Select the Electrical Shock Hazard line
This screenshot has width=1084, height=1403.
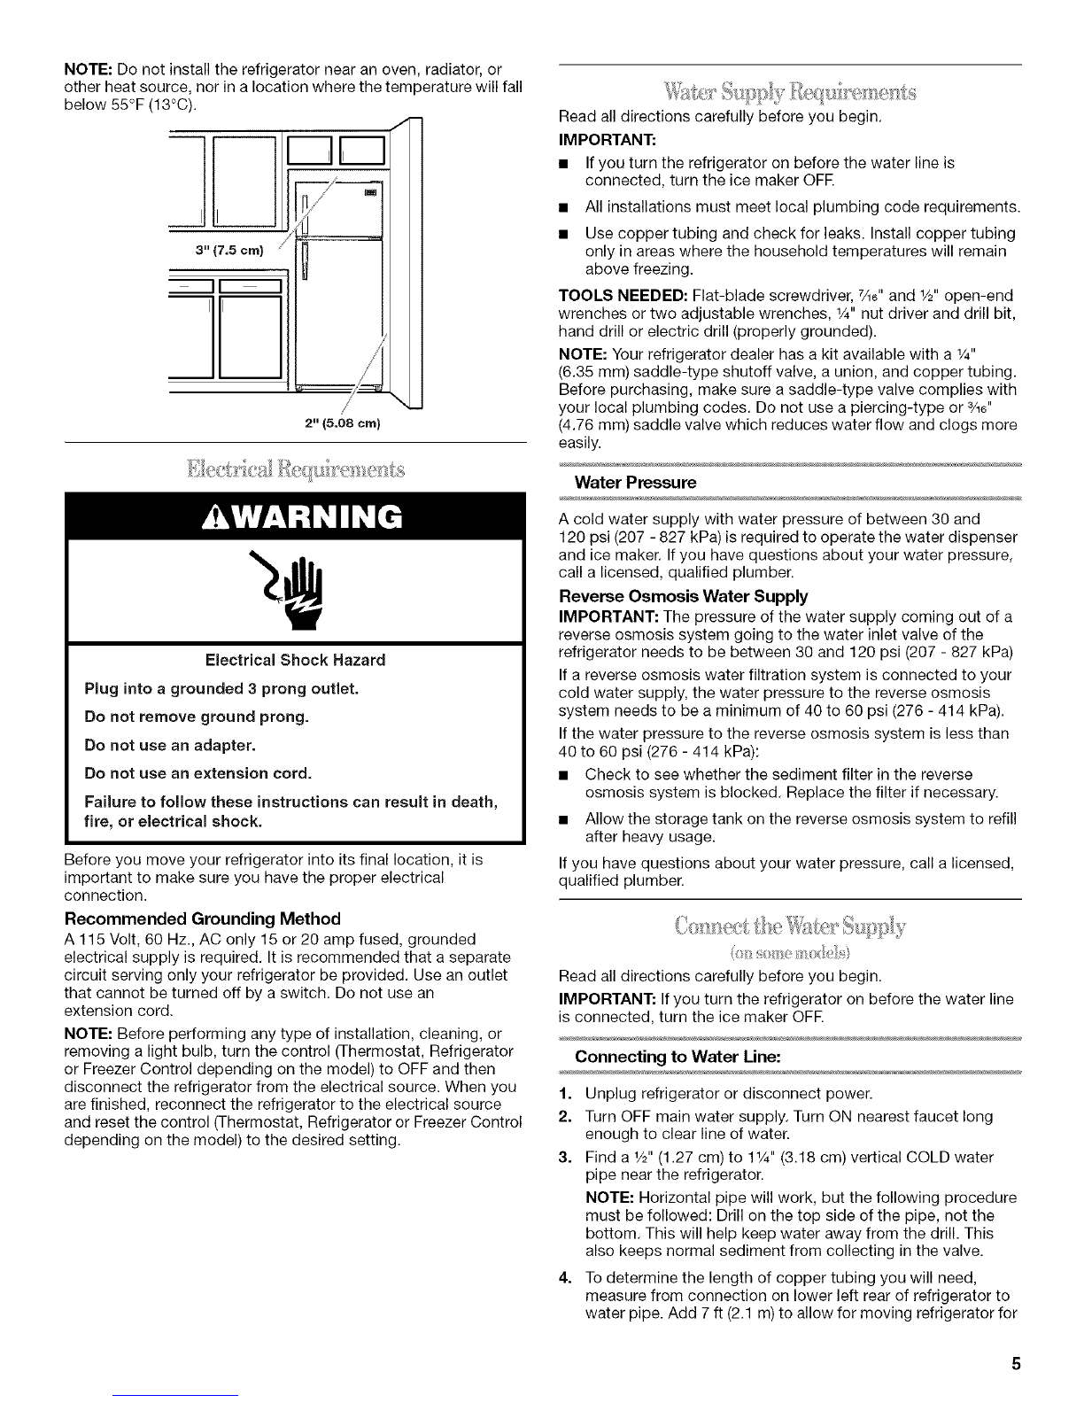coord(295,660)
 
